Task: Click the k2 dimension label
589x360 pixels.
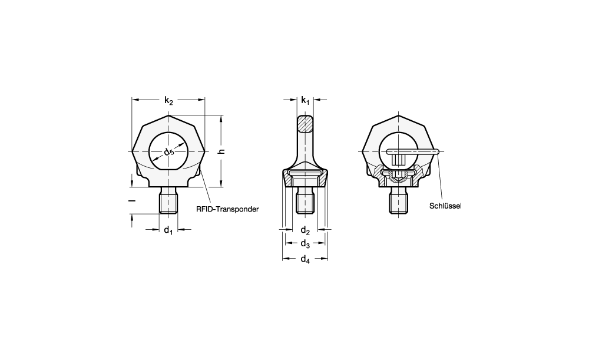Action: (168, 101)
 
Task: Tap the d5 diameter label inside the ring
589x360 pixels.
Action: (169, 152)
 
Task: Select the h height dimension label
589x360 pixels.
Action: (222, 151)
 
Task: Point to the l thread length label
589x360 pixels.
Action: (132, 201)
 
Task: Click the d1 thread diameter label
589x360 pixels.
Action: (168, 230)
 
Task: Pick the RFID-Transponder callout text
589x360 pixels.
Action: (227, 209)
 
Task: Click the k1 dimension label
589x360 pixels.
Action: (305, 101)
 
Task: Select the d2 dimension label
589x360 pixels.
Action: (305, 230)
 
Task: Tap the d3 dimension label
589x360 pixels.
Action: (305, 244)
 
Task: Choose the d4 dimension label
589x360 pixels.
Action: (305, 259)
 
